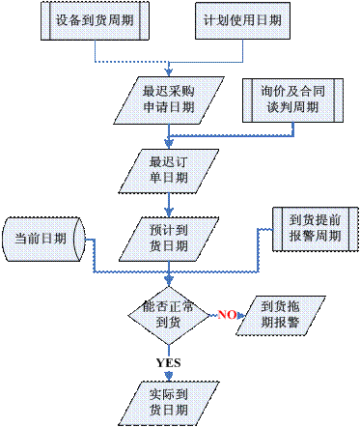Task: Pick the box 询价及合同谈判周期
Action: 291,100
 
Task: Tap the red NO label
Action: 227,315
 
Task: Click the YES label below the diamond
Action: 168,362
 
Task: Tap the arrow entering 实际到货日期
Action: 169,375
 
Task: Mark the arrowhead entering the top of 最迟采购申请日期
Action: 169,72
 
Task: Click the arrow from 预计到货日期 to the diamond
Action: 169,275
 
